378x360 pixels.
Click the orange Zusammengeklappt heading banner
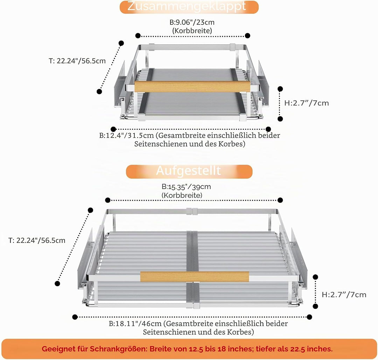(x=189, y=7)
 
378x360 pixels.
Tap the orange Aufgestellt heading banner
(x=189, y=171)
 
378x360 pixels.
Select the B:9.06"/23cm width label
(x=192, y=22)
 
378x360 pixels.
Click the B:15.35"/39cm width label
(x=186, y=187)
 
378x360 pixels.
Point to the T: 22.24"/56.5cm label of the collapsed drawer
(x=77, y=61)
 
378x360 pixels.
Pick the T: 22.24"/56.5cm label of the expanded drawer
(x=37, y=240)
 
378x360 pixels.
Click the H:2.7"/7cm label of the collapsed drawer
(x=306, y=103)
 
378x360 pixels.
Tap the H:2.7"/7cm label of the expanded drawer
(x=344, y=295)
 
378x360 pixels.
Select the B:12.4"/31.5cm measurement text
(x=127, y=135)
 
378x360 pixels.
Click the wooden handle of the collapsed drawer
(x=192, y=86)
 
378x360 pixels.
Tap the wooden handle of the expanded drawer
(x=194, y=277)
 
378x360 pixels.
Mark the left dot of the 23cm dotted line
(x=138, y=36)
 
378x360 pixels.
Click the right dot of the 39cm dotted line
(x=280, y=200)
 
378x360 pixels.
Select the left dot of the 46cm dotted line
(x=75, y=317)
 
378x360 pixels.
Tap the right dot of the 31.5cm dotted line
(x=268, y=129)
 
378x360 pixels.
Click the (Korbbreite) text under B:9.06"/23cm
(x=192, y=30)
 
